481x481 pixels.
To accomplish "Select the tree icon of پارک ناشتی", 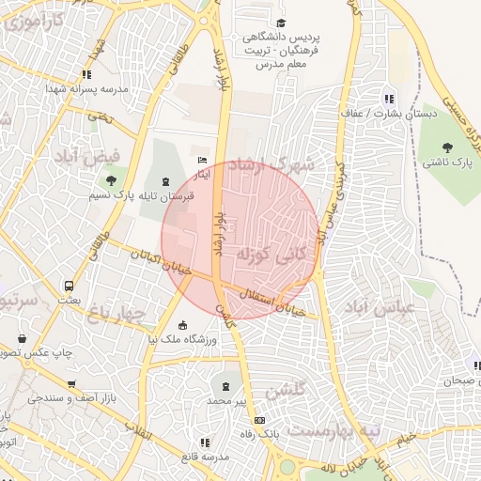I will click(447, 146).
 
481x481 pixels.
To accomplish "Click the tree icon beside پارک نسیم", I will click(112, 180).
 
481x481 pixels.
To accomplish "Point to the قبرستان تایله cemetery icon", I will click(166, 181).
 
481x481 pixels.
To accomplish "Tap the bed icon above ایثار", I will click(202, 161).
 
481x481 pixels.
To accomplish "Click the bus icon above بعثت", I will click(69, 286).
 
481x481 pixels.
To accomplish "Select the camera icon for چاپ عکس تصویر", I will click(23, 338).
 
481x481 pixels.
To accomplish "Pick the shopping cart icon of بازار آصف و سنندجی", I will click(71, 383).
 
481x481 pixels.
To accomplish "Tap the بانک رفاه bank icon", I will click(260, 420).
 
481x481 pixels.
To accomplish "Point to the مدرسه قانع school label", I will click(203, 457).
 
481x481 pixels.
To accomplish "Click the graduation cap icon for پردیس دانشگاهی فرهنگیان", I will click(279, 23).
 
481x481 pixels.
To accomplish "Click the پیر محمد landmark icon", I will click(225, 385).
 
